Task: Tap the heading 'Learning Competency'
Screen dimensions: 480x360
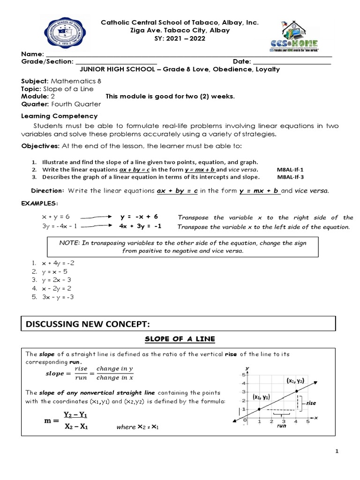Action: tap(60, 116)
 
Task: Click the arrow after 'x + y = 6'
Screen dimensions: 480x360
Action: tap(97, 217)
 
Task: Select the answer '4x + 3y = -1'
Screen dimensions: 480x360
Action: tap(141, 226)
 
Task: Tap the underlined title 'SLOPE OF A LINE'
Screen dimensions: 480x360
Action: tap(179, 339)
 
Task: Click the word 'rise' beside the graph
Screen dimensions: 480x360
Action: tap(311, 403)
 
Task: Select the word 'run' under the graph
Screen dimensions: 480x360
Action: tap(281, 427)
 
